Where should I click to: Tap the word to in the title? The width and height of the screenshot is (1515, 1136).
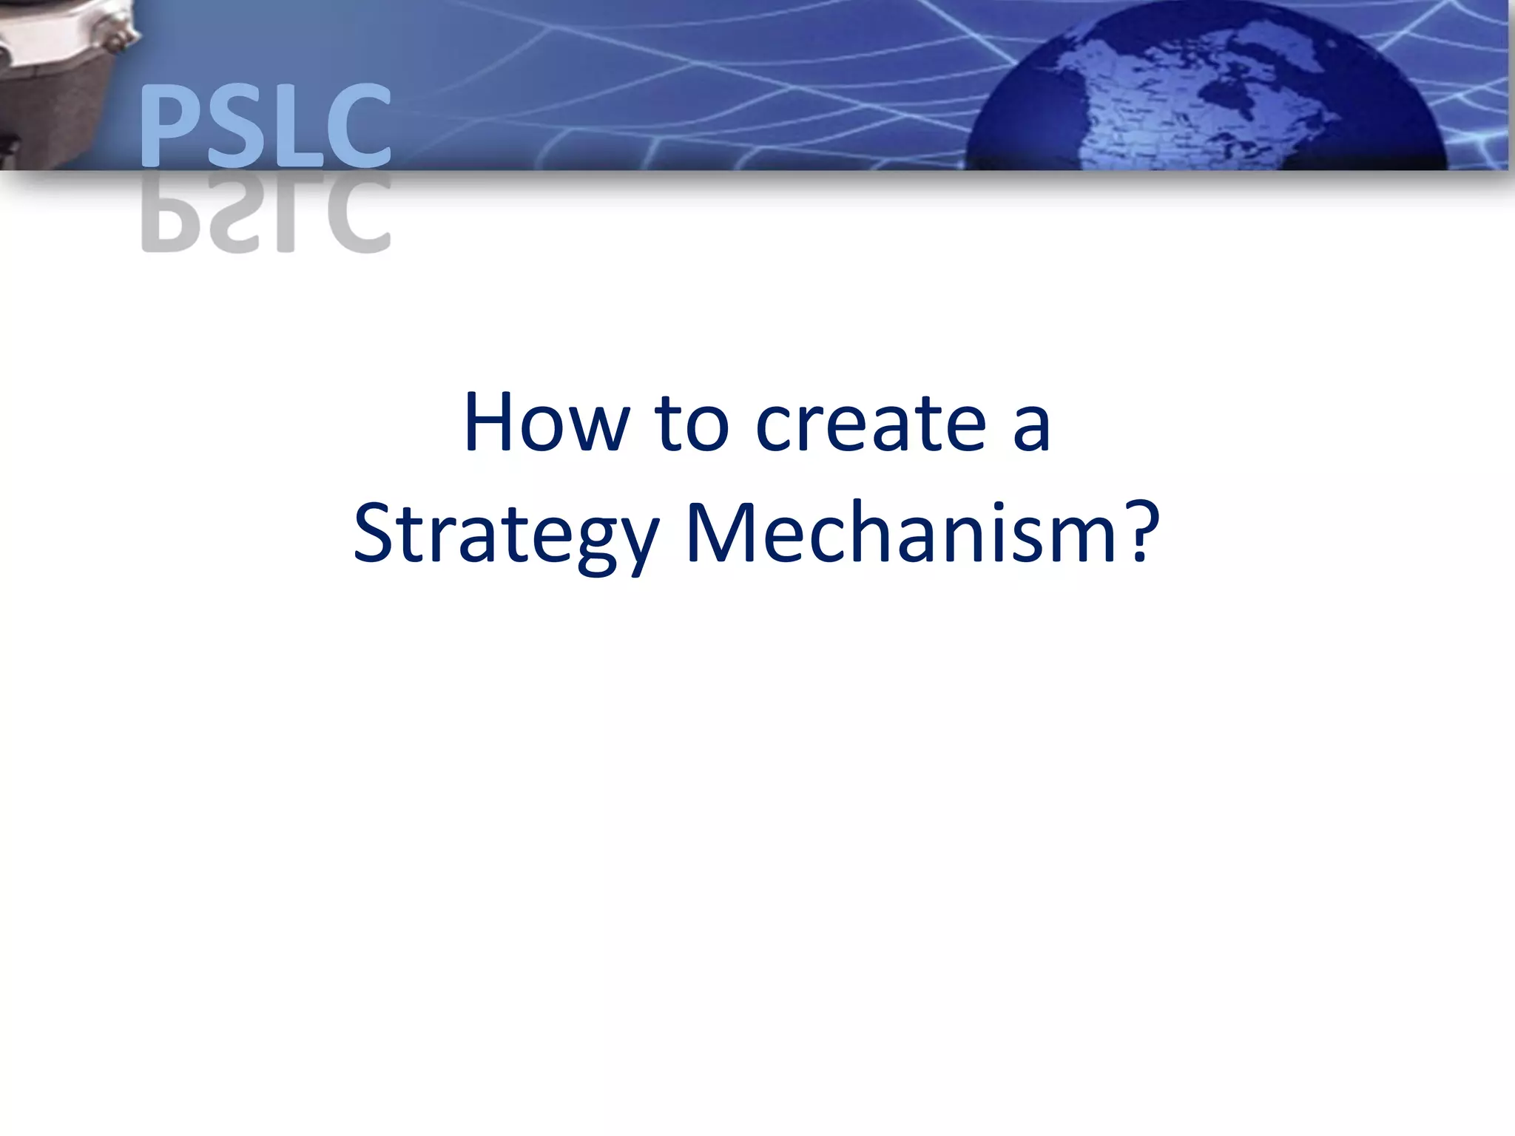(x=692, y=423)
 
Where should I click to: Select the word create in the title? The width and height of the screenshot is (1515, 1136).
(x=871, y=423)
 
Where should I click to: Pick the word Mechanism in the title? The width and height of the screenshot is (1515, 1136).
(x=900, y=532)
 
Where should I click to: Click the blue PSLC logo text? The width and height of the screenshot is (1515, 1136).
(x=265, y=126)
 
